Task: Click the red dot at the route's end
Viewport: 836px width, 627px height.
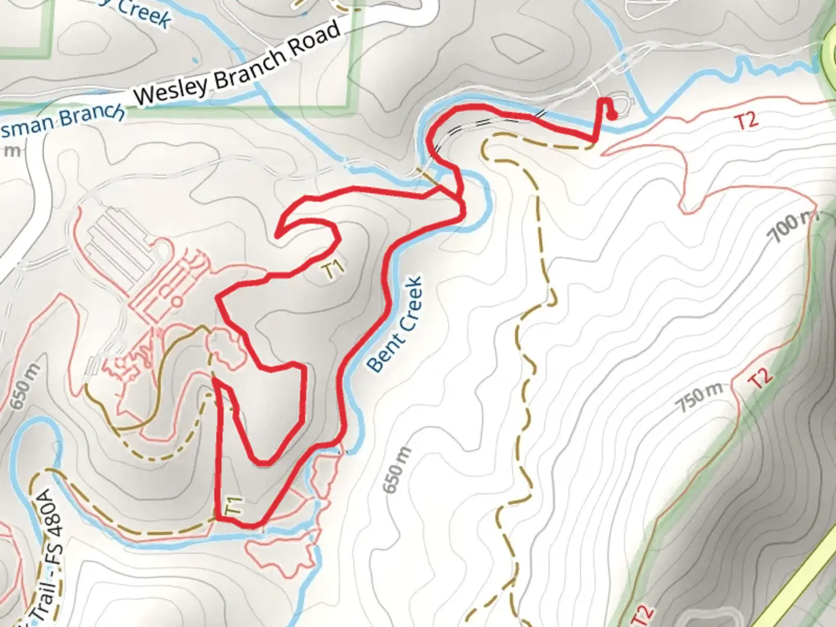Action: (x=612, y=115)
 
